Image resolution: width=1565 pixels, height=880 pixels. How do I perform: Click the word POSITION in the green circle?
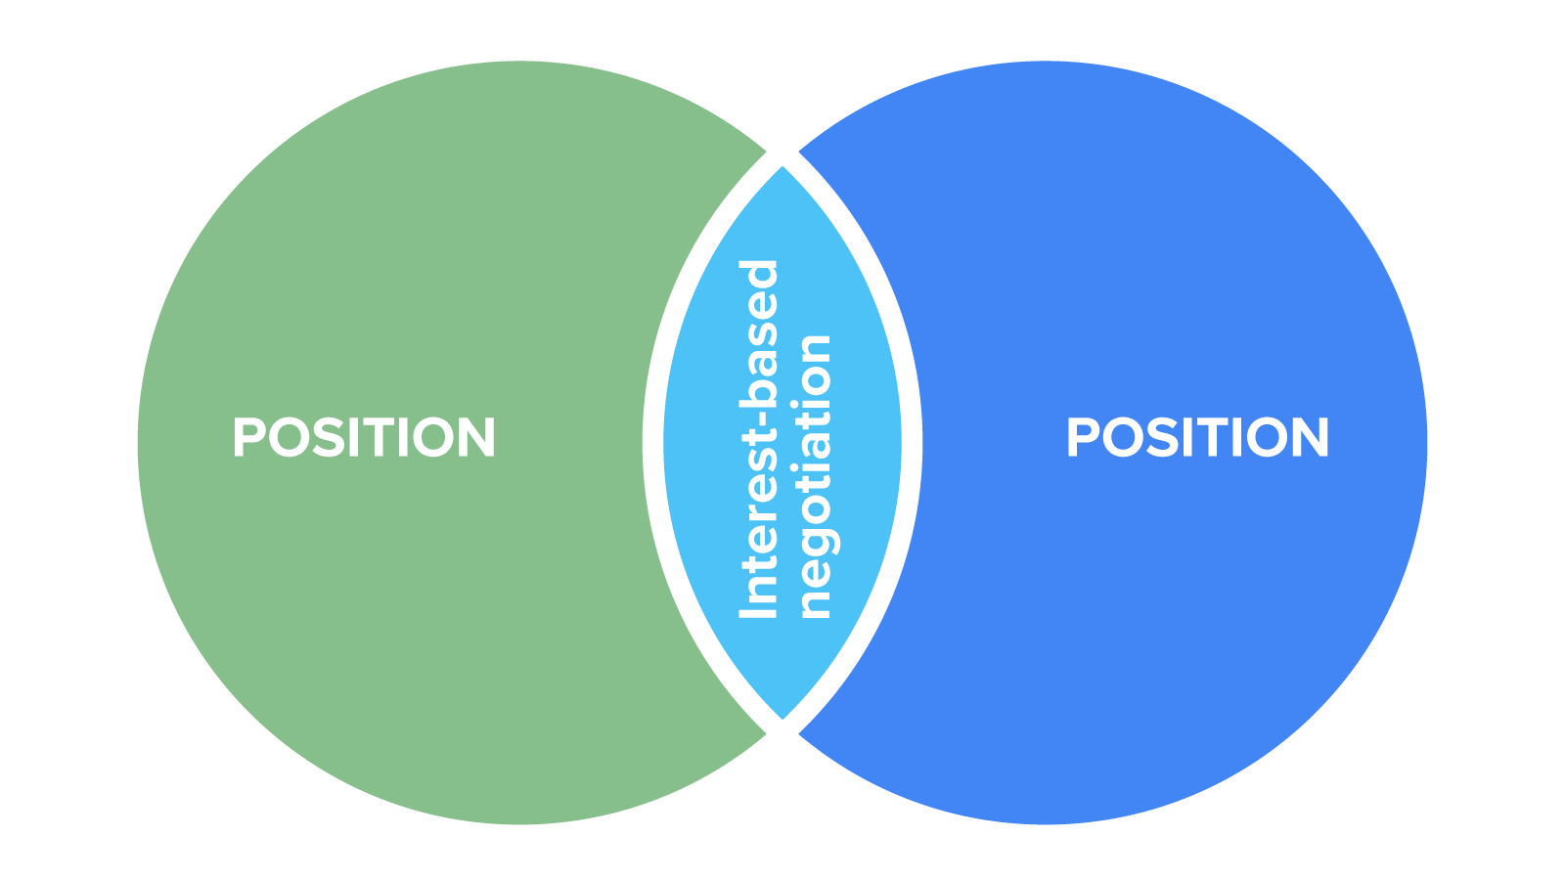[364, 437]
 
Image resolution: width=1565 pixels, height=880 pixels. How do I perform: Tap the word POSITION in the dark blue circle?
[1197, 437]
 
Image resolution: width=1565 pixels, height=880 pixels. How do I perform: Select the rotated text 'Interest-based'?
[758, 440]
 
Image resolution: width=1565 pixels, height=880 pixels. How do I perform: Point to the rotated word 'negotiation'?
[814, 477]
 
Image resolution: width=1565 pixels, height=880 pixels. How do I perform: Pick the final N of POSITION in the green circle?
[476, 437]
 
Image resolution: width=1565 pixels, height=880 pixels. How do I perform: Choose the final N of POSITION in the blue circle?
[1310, 437]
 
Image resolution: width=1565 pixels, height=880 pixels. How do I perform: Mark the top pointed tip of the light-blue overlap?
[782, 168]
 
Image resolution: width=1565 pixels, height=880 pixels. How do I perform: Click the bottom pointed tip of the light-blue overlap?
[782, 719]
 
